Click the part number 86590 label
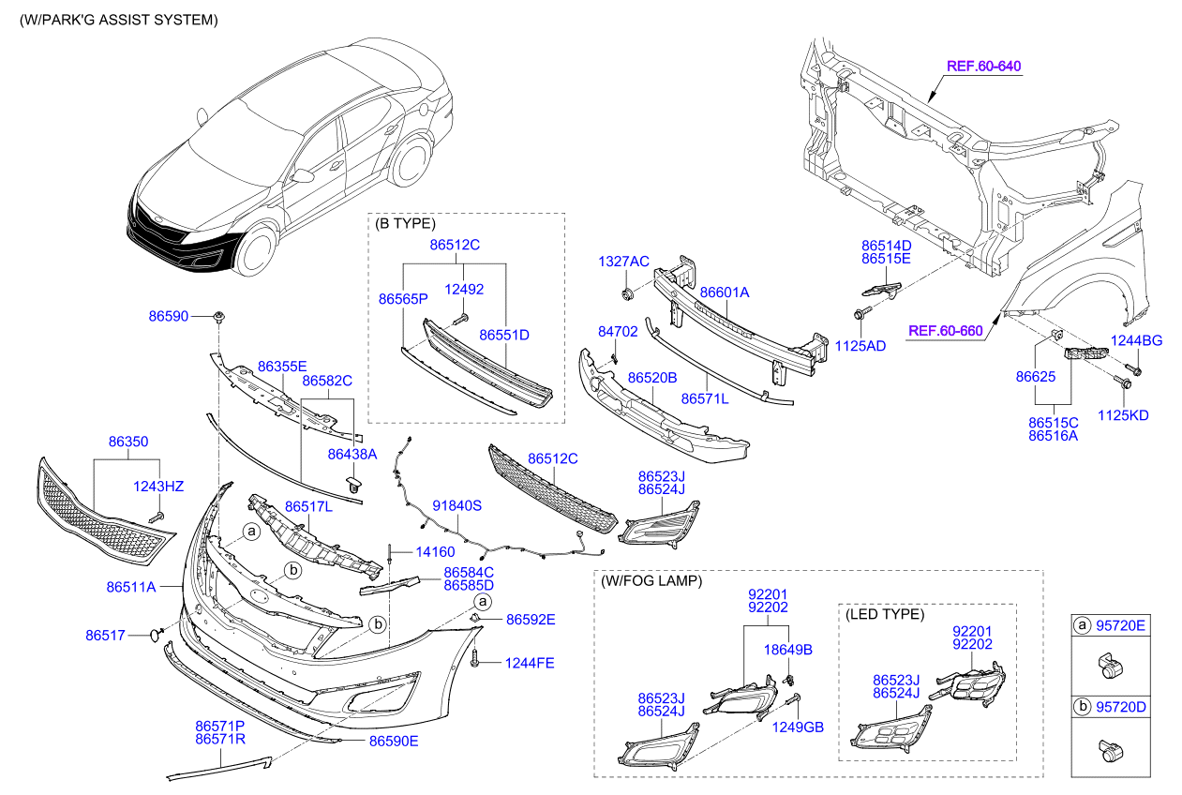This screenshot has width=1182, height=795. (x=169, y=317)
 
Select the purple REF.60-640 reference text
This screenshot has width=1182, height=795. (x=983, y=67)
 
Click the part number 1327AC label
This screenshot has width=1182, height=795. (x=624, y=262)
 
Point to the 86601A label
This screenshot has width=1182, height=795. (x=725, y=292)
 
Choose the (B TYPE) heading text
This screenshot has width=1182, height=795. (x=405, y=224)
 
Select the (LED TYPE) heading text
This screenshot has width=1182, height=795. (x=885, y=614)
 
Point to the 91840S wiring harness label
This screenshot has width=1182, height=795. (x=456, y=505)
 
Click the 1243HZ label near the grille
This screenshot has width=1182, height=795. (x=158, y=486)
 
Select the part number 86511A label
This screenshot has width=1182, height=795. (x=131, y=588)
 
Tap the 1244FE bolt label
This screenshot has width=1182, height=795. (x=530, y=663)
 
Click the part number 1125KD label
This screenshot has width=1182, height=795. (x=1123, y=415)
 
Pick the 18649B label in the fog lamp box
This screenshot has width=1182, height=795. (x=787, y=649)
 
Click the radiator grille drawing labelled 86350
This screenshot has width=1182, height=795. (x=103, y=520)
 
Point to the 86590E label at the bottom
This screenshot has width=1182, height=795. (x=393, y=741)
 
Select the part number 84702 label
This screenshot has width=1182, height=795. (x=618, y=332)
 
